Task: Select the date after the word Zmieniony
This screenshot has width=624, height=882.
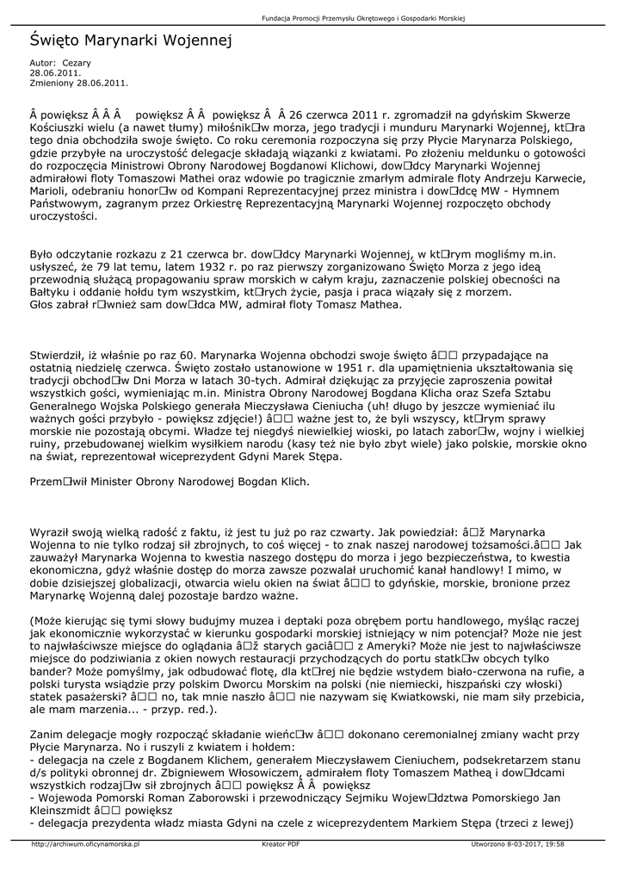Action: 103,83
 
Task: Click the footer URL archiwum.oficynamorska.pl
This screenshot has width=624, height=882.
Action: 85,844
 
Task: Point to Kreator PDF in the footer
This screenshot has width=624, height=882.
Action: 281,844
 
